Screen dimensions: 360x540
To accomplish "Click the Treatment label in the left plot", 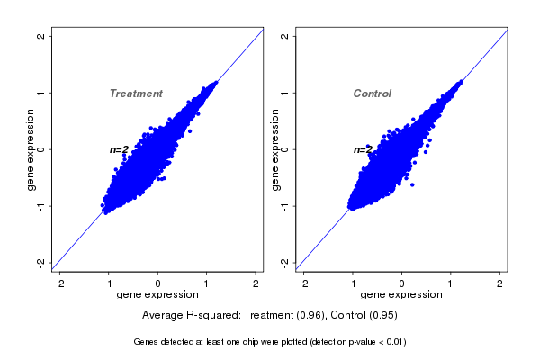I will [x=136, y=94].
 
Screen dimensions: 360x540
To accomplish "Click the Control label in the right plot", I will [x=372, y=94].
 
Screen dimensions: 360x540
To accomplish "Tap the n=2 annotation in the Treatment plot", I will [x=120, y=149].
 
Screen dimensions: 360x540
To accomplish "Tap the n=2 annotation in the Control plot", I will [x=363, y=149].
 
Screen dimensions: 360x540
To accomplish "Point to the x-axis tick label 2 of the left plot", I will [x=256, y=283].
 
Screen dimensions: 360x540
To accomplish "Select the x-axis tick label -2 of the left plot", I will [x=59, y=283].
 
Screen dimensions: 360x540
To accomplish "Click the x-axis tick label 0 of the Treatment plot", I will [x=158, y=283].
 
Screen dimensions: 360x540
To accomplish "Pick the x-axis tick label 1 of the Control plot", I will [x=451, y=283].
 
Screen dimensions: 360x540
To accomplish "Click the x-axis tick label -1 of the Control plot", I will [x=352, y=283].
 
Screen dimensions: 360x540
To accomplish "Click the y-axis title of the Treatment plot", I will [x=31, y=149].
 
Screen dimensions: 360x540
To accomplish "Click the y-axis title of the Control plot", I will [x=274, y=149].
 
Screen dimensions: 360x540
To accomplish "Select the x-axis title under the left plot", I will [x=158, y=295].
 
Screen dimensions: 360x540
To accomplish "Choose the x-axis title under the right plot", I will [x=401, y=295].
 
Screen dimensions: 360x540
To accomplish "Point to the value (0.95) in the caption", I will [x=382, y=316].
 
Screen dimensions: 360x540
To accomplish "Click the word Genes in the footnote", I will [x=145, y=342].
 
